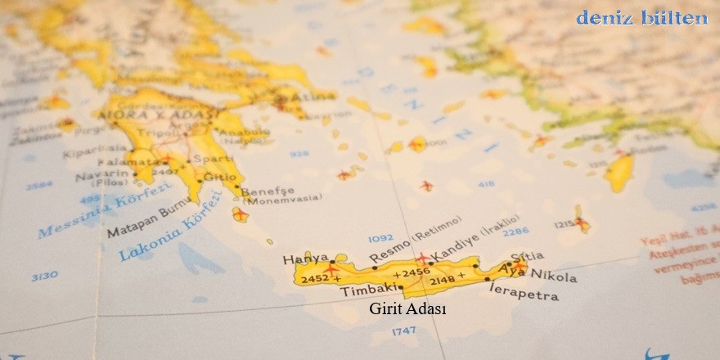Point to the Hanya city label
coord(305,259)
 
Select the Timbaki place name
coord(368,290)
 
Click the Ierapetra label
coord(523,293)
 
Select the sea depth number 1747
coord(404,331)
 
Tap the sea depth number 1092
coord(380,238)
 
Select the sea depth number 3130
coord(44,277)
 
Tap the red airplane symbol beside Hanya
coord(332,267)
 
